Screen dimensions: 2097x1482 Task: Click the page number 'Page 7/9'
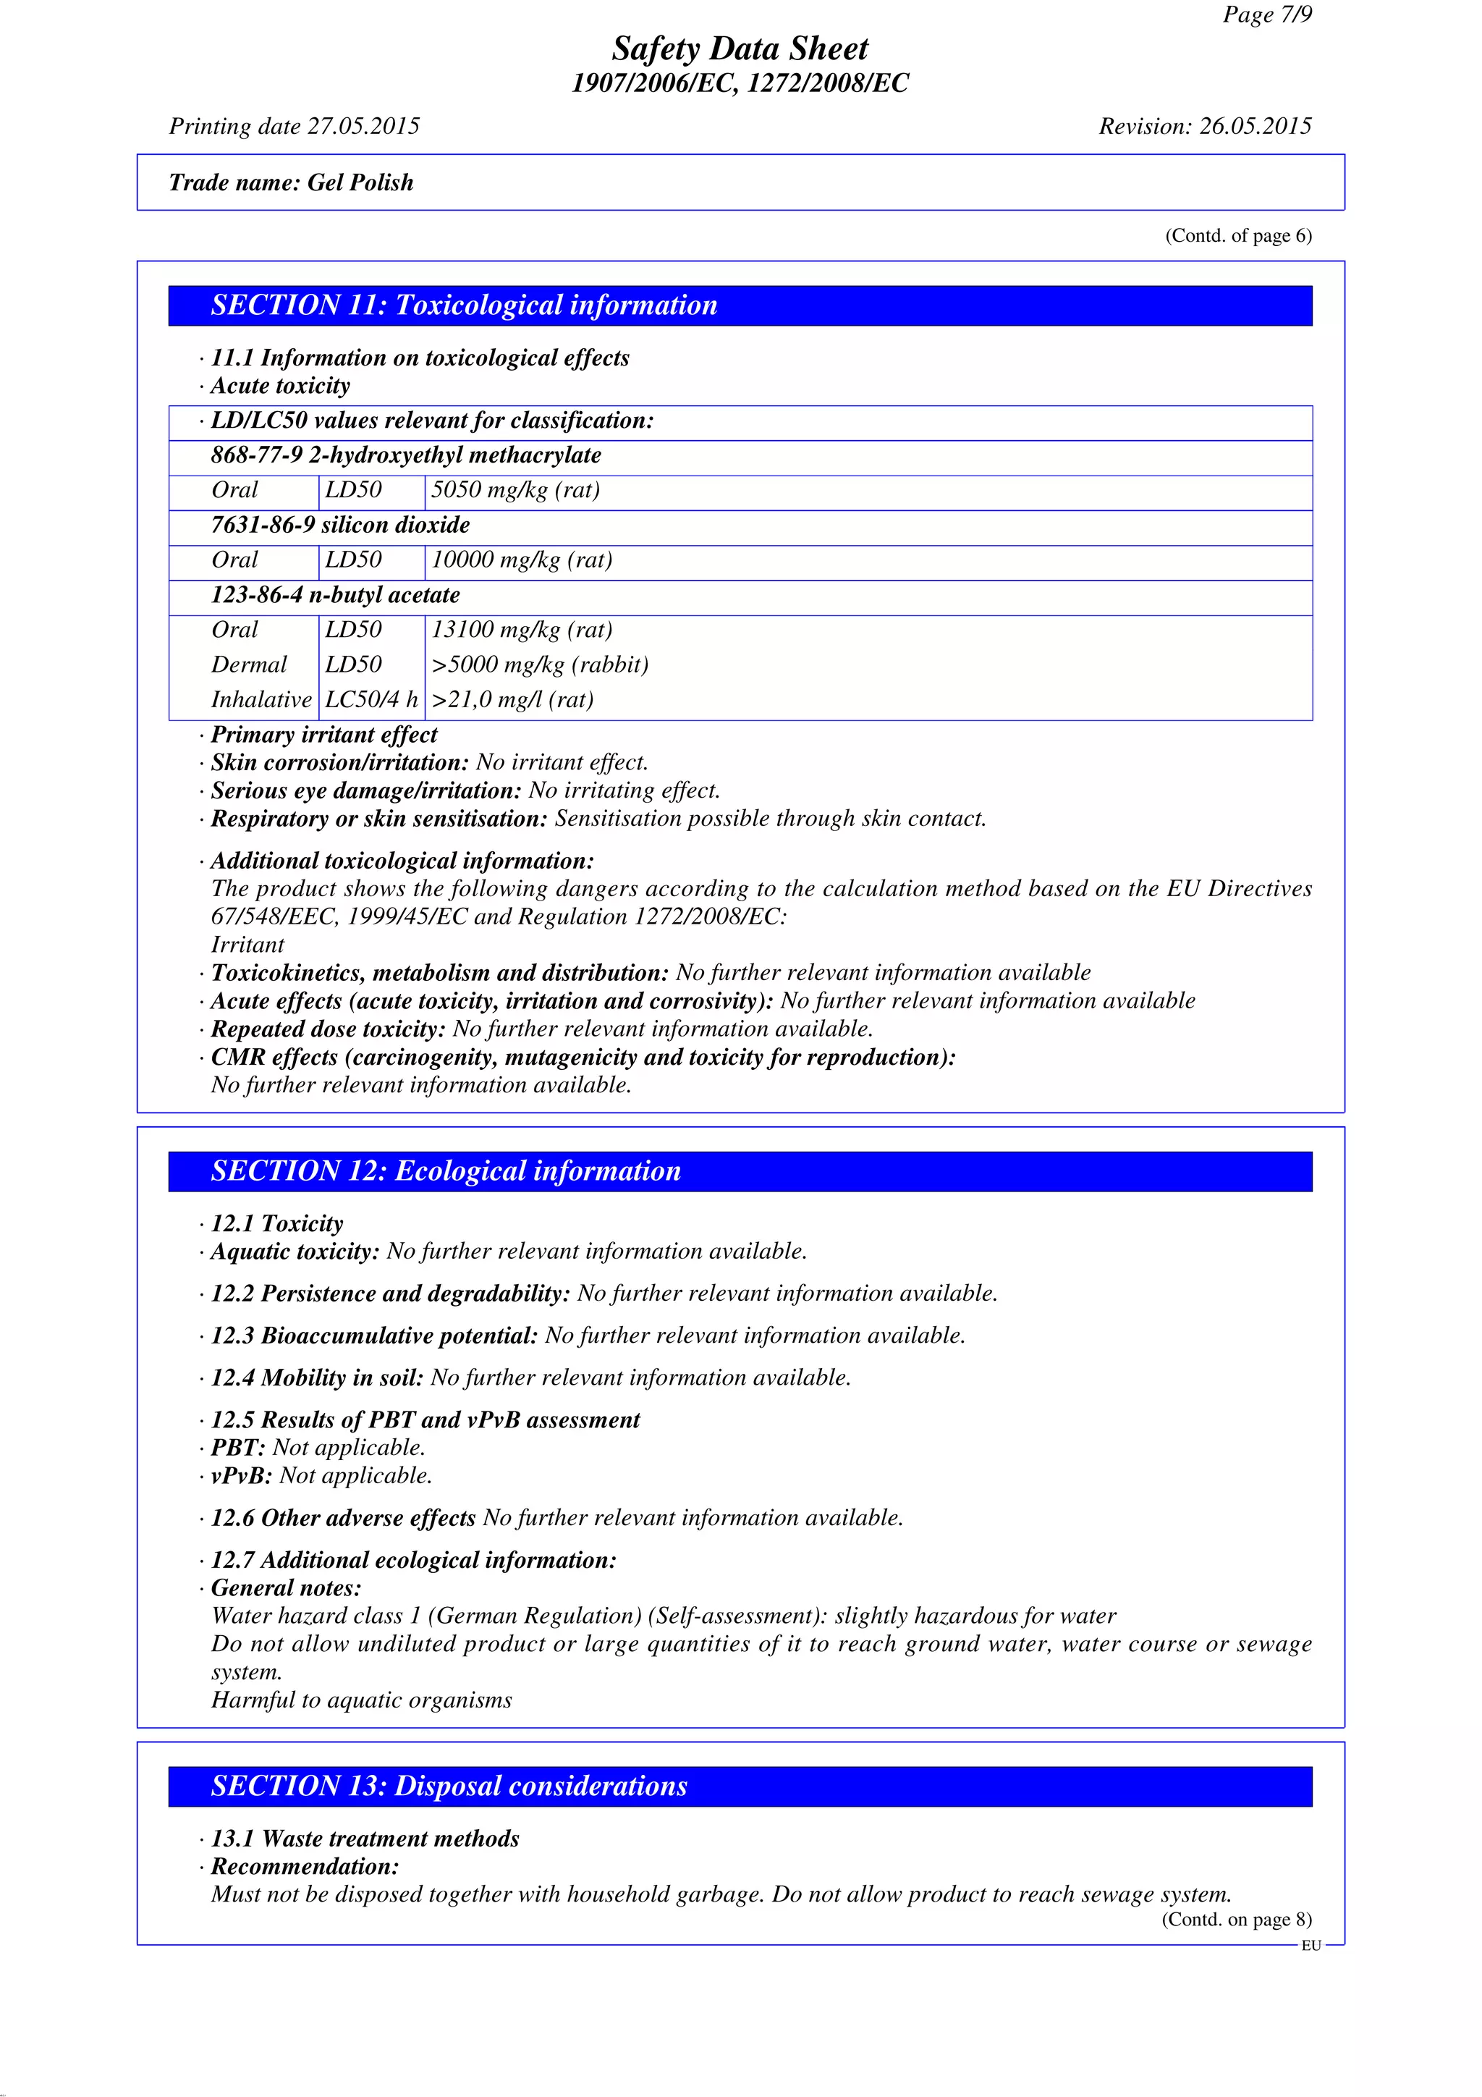1266,14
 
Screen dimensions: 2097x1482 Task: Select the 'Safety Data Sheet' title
740,48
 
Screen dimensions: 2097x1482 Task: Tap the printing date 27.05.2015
363,126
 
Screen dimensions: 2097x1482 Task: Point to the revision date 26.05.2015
1255,126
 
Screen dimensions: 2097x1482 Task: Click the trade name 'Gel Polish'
360,182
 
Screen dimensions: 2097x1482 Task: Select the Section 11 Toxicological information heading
464,305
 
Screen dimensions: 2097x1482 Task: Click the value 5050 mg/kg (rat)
515,491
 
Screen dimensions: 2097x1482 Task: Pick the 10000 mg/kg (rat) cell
522,560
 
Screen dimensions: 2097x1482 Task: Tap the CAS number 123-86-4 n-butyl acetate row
335,596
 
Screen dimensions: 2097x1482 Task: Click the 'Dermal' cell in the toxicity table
248,665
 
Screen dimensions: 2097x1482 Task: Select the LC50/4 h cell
370,700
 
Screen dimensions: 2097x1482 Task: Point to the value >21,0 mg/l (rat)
512,700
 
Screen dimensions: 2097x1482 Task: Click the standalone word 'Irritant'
247,945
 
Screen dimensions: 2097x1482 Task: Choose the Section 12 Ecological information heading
446,1171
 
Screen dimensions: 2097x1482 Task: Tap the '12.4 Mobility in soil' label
317,1377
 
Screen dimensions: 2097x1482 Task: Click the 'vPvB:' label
242,1476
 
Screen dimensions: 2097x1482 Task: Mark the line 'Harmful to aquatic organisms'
362,1700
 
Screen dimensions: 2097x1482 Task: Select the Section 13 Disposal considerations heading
449,1786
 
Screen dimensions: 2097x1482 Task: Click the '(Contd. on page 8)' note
1237,1920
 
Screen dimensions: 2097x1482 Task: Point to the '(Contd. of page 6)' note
1237,236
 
